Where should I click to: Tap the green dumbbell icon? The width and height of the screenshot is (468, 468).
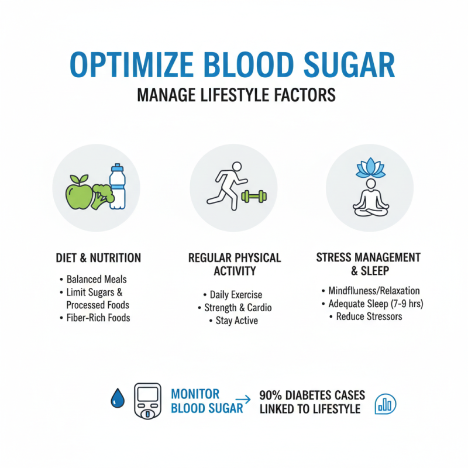pyautogui.click(x=253, y=196)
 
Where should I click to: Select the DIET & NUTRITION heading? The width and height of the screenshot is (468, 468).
pyautogui.click(x=98, y=257)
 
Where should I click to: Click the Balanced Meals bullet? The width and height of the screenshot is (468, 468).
pyautogui.click(x=96, y=279)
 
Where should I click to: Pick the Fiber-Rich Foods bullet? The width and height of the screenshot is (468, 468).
pyautogui.click(x=98, y=318)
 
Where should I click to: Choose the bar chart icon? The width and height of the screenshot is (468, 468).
pyautogui.click(x=385, y=402)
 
